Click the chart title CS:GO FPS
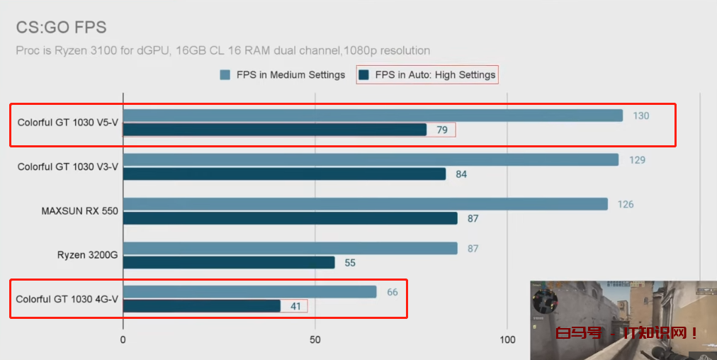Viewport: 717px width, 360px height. click(x=61, y=28)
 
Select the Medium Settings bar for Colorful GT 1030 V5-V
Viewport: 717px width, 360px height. click(x=373, y=116)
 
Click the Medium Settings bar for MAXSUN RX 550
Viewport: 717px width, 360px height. click(x=366, y=204)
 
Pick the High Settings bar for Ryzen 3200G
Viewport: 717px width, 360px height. click(x=229, y=262)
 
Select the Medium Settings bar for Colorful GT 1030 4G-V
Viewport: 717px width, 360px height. click(x=249, y=292)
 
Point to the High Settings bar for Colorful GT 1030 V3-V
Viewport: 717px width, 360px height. click(x=284, y=174)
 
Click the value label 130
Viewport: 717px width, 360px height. click(x=640, y=116)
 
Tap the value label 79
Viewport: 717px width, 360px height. click(x=441, y=130)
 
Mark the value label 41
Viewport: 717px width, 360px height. click(x=295, y=306)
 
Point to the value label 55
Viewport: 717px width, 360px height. click(x=349, y=263)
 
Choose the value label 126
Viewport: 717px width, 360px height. click(x=625, y=204)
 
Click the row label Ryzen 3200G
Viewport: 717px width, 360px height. click(x=87, y=254)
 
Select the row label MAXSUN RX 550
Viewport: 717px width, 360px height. click(x=79, y=210)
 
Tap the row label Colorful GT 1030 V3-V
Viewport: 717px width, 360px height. click(x=68, y=167)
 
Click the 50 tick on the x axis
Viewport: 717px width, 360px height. click(x=316, y=340)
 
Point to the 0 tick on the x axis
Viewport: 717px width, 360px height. click(x=123, y=340)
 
